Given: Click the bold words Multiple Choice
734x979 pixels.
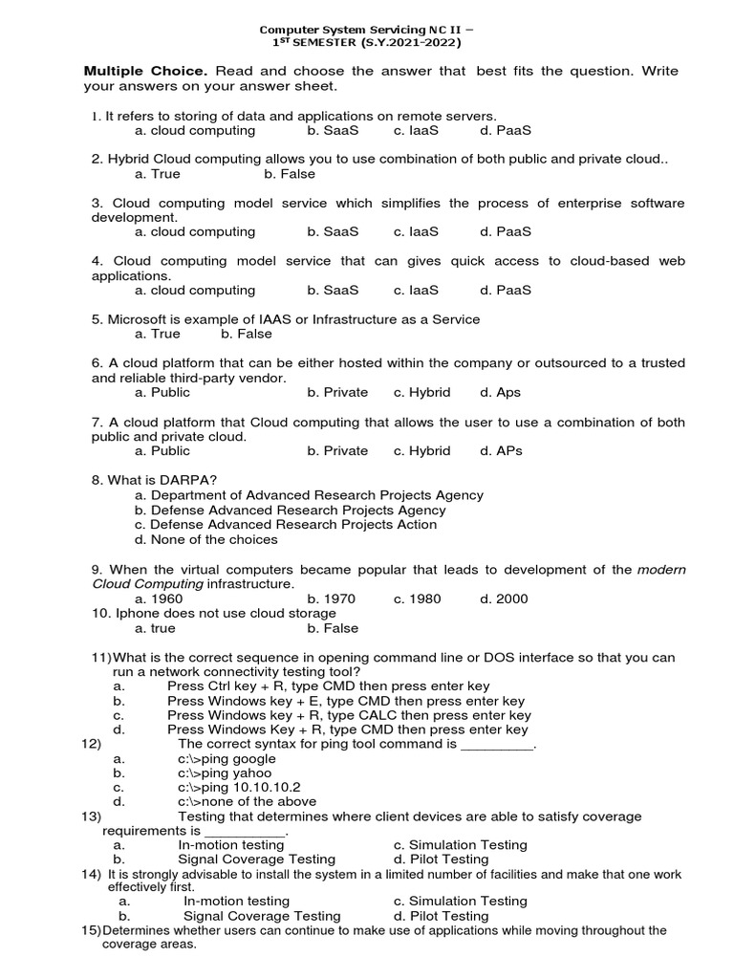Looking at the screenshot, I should coord(143,71).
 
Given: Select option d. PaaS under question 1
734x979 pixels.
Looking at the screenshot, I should coord(506,130).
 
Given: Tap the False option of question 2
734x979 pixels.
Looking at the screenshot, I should coord(290,174).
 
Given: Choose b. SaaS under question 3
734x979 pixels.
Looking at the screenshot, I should coord(334,231).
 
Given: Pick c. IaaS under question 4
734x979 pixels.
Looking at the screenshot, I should coord(416,290).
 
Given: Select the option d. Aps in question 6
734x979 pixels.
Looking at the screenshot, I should coord(501,392).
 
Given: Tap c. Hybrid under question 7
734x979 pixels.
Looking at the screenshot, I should coord(421,450).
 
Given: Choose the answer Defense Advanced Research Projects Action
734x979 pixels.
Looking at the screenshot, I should coord(286,524).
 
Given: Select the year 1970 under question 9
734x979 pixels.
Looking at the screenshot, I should coord(332,598).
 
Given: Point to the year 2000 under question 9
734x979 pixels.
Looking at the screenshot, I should coord(504,598).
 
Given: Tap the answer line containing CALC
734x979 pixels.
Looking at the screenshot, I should coord(349,715).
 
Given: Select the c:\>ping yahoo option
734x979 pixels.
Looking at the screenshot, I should coord(225,772).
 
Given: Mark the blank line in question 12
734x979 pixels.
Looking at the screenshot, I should coord(497,745).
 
